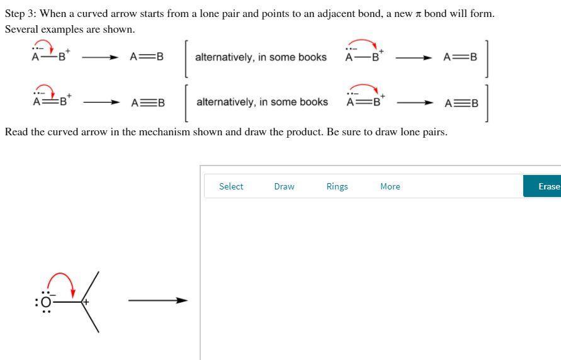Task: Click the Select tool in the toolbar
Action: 231,186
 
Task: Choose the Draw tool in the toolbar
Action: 284,186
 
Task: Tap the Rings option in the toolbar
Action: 337,186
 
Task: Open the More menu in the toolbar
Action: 390,186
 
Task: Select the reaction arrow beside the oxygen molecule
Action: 158,301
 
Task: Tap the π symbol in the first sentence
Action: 417,14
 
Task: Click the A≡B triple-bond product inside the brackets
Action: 462,103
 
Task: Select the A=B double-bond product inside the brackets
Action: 460,57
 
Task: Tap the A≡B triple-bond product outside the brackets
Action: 148,103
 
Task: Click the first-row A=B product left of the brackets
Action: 147,57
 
